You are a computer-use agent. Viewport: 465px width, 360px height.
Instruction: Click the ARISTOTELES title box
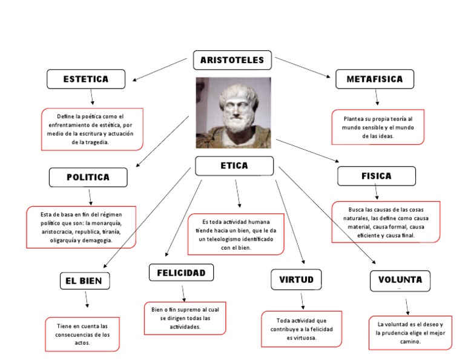(x=232, y=60)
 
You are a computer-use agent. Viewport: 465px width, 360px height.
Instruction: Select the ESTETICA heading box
(x=86, y=79)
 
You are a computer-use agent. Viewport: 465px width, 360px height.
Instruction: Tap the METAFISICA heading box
(x=375, y=79)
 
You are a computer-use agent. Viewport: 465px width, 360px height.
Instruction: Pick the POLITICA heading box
(x=88, y=177)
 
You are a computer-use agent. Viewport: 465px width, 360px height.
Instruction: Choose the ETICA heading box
(x=234, y=165)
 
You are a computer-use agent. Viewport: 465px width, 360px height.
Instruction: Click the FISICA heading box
(x=377, y=176)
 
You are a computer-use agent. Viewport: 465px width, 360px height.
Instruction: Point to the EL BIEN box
(x=85, y=281)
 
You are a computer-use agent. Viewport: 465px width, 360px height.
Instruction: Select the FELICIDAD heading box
(x=181, y=273)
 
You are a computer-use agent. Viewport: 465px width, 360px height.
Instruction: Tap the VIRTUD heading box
(x=296, y=279)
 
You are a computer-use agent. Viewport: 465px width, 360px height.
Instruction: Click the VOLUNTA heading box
(x=400, y=280)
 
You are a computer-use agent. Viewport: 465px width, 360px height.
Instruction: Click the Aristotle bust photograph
(x=233, y=112)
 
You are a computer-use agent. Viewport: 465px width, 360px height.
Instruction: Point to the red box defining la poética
(x=92, y=129)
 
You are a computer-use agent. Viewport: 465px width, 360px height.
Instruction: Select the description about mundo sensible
(x=378, y=127)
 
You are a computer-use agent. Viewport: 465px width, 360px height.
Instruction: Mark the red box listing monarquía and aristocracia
(x=81, y=227)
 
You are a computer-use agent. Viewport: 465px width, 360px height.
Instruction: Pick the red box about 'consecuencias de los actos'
(x=82, y=334)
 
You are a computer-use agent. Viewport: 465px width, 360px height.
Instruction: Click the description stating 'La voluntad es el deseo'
(x=410, y=333)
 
